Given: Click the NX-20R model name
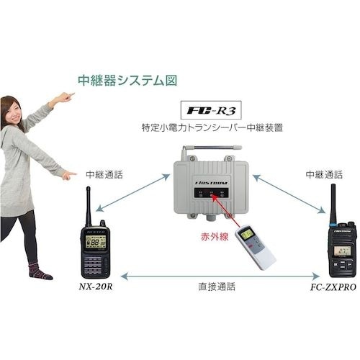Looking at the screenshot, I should click(x=96, y=286).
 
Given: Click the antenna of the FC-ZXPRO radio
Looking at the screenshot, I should click(x=333, y=204).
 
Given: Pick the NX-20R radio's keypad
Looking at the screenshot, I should click(x=96, y=264).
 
